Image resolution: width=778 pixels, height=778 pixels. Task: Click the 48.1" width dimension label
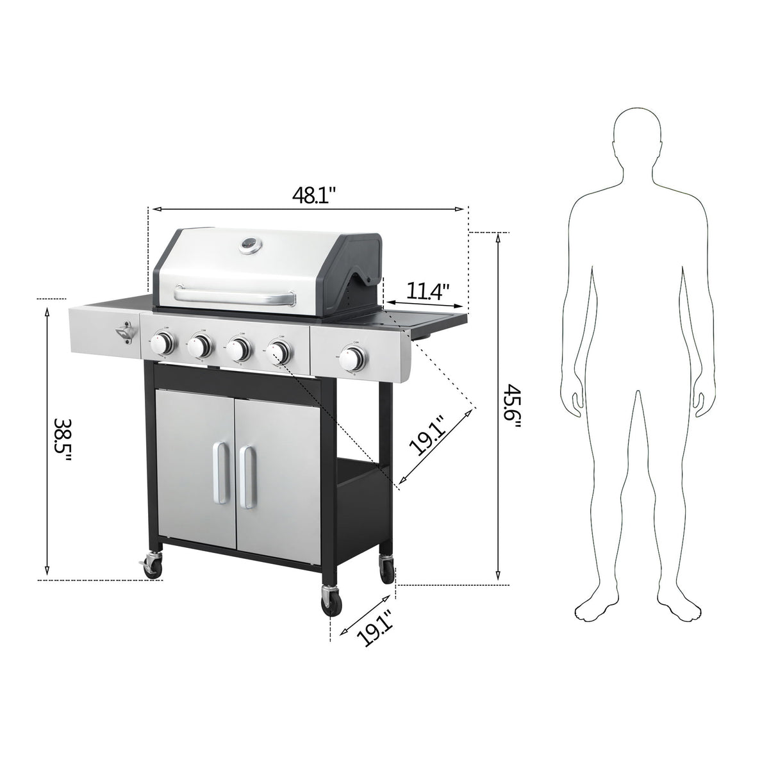coord(311,194)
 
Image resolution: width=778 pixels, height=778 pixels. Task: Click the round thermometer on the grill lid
coord(248,245)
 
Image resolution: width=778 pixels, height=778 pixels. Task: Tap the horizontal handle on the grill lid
coord(235,295)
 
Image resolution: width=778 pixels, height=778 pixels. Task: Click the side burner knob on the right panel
coord(353,359)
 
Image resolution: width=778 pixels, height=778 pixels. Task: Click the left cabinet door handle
coord(220,473)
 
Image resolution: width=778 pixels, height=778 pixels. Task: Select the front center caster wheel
coord(331,602)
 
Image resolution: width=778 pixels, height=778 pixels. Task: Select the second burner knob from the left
coord(201,347)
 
